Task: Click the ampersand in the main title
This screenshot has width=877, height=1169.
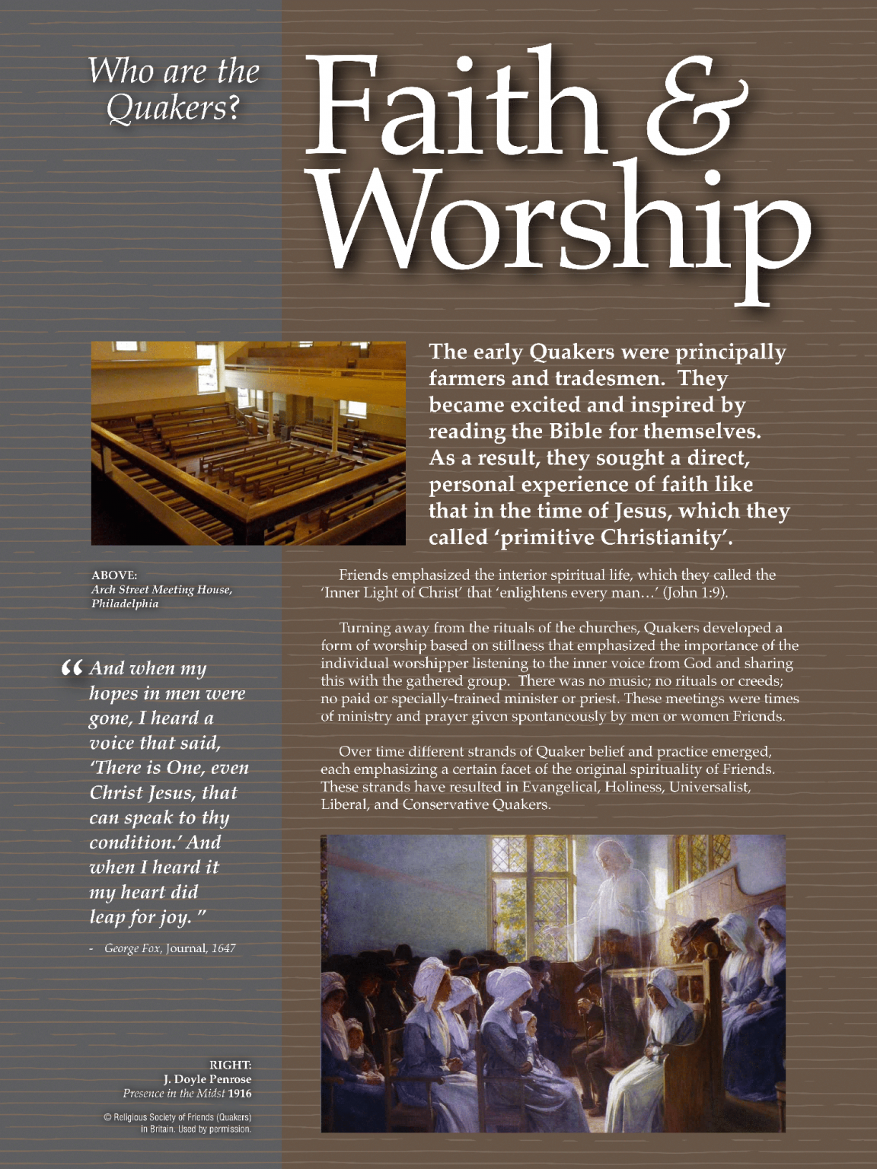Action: pyautogui.click(x=700, y=107)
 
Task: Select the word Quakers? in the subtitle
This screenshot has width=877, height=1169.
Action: pyautogui.click(x=173, y=107)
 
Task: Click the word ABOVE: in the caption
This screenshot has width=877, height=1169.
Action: pyautogui.click(x=114, y=575)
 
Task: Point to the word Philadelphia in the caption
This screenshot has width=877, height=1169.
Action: pyautogui.click(x=125, y=604)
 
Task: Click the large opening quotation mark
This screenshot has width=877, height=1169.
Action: pyautogui.click(x=72, y=669)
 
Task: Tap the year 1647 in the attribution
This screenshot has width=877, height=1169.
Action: pyautogui.click(x=224, y=948)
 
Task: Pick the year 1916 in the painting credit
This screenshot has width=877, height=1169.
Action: pyautogui.click(x=240, y=1094)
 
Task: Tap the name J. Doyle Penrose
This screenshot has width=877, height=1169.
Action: pyautogui.click(x=207, y=1079)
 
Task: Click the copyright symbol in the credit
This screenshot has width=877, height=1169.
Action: pyautogui.click(x=107, y=1117)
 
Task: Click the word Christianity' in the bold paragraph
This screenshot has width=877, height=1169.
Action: pyautogui.click(x=666, y=537)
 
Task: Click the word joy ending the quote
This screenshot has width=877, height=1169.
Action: pyautogui.click(x=174, y=918)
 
